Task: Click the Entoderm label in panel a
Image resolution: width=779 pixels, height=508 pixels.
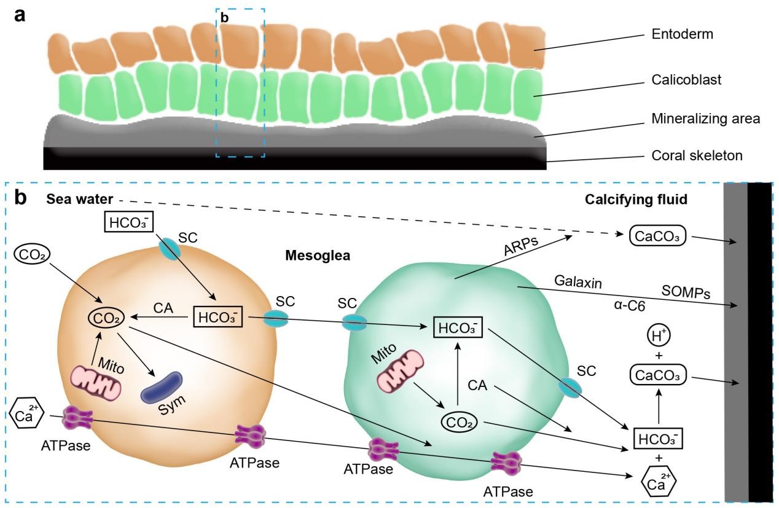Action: [682, 34]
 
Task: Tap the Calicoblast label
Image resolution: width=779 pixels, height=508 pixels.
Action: [686, 80]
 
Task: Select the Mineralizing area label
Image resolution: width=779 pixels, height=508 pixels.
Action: [706, 119]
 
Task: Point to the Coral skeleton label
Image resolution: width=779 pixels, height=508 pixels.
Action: [697, 155]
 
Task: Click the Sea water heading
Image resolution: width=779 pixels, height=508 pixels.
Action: [80, 199]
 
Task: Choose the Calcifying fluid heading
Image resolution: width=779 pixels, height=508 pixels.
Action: [636, 200]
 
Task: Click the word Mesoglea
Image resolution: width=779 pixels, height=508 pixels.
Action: [318, 256]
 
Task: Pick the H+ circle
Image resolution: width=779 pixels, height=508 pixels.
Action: [659, 336]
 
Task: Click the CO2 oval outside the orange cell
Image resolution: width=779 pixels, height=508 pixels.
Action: [32, 254]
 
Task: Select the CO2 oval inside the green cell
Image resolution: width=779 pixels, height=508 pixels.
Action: [459, 423]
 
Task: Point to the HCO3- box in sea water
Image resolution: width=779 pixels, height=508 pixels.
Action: [129, 222]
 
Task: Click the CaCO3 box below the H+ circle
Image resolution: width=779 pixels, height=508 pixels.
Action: [659, 375]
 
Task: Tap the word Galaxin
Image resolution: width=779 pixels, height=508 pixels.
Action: [578, 281]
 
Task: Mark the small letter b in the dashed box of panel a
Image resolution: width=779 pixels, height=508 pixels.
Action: [224, 18]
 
